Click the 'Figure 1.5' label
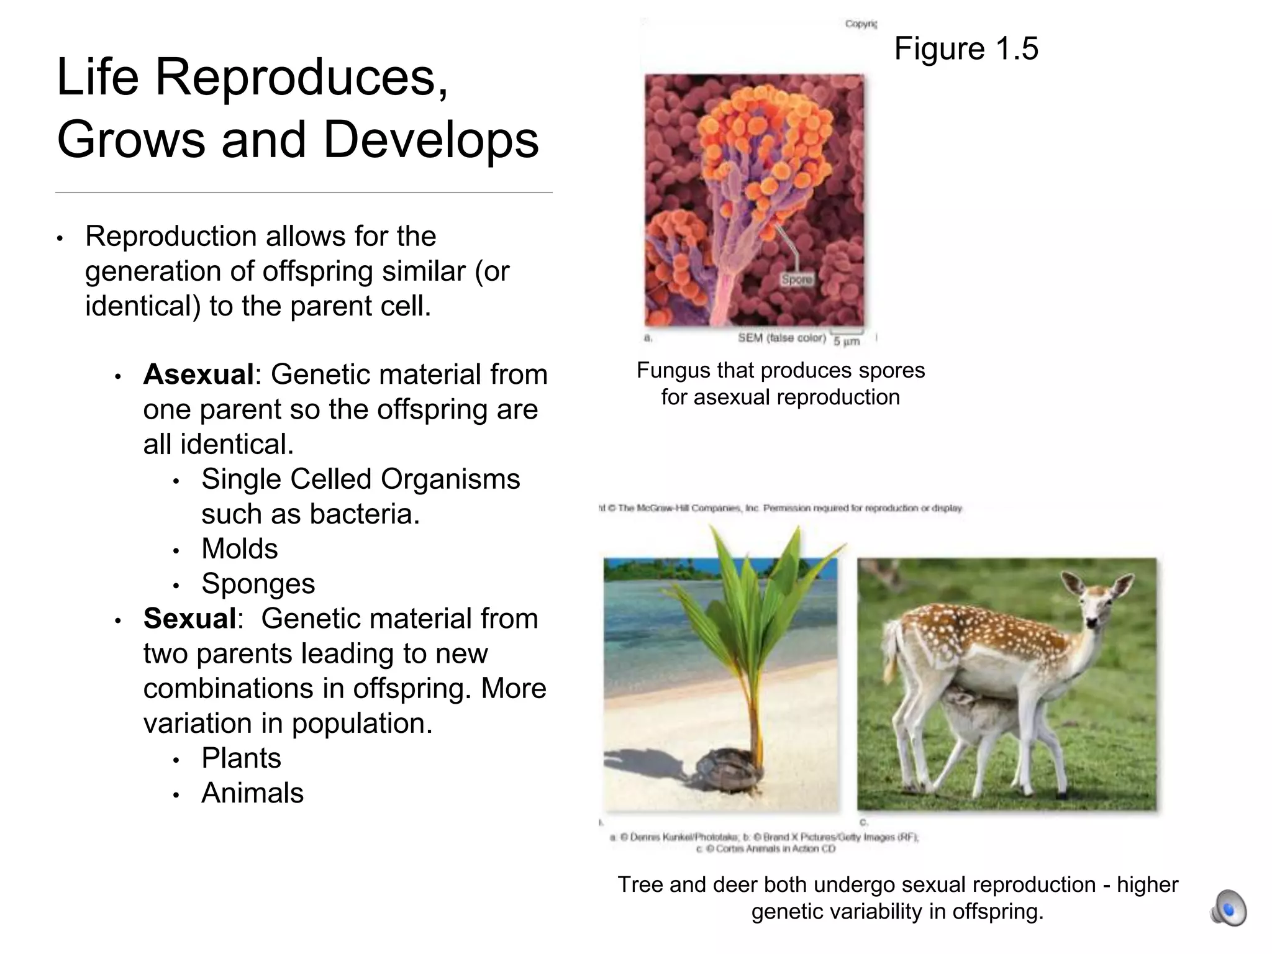click(x=966, y=49)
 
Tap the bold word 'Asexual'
click(x=198, y=375)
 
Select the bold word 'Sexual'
click(x=189, y=619)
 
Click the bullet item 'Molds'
click(x=240, y=549)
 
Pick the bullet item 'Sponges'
click(x=258, y=584)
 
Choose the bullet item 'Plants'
click(x=241, y=758)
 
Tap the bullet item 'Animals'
click(x=252, y=793)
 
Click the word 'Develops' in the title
click(x=430, y=140)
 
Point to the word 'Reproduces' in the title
click(x=301, y=77)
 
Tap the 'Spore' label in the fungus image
click(x=796, y=280)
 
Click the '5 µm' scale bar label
click(x=847, y=341)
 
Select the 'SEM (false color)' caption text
click(x=781, y=338)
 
